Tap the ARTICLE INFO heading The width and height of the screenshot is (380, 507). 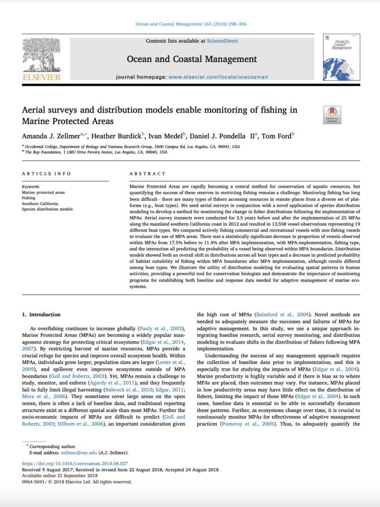tap(47, 174)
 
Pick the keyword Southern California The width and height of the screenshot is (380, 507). tap(40, 204)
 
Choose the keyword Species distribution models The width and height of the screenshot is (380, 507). tap(47, 209)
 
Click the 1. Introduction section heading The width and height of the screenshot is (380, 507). tap(42, 315)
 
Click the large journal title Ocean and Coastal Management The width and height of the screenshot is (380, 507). tap(192, 59)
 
